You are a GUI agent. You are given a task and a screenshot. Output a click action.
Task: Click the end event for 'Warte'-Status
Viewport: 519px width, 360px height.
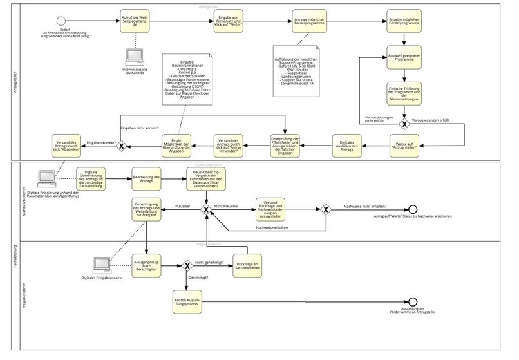(413, 210)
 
